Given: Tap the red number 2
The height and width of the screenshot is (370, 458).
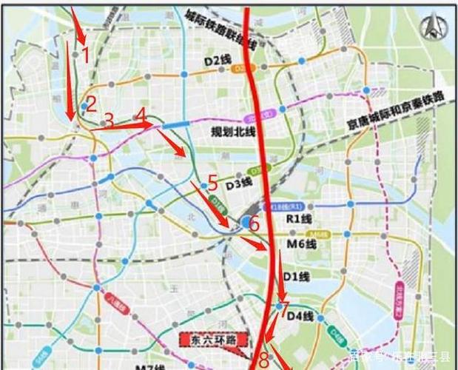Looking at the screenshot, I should coord(91,104).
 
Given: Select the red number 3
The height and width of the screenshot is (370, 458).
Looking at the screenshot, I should coord(109,121).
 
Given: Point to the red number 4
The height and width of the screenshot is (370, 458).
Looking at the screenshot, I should coord(141,115).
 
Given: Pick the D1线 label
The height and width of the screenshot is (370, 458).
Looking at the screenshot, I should coord(296,276).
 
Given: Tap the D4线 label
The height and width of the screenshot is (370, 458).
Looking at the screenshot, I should coord(300,317).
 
